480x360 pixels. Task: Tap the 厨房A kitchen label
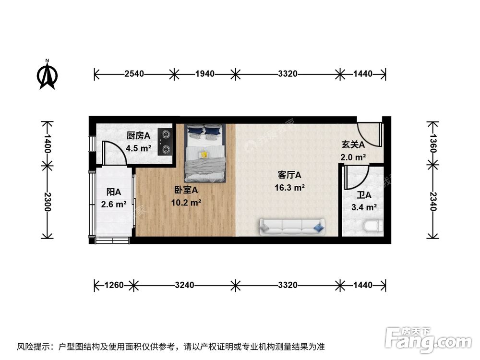click(x=138, y=135)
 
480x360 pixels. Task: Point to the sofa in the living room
click(x=292, y=227)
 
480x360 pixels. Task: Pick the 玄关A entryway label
click(x=353, y=144)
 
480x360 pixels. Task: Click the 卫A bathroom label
click(x=364, y=195)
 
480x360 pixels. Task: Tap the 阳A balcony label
click(x=113, y=192)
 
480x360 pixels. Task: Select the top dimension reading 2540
click(x=134, y=74)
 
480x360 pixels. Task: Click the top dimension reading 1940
click(x=204, y=74)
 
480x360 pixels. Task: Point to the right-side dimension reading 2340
click(x=433, y=202)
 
